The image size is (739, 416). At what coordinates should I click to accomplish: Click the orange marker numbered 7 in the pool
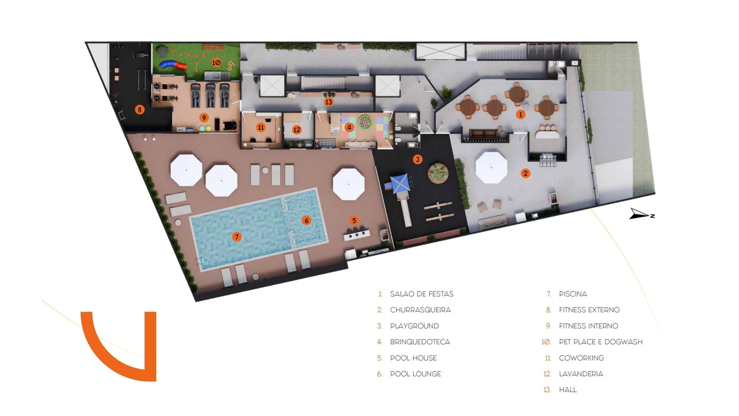[237, 237]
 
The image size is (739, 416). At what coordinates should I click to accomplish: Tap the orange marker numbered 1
[520, 114]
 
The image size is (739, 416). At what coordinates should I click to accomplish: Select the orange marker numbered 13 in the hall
[328, 102]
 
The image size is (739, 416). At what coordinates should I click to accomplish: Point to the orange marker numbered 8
[140, 110]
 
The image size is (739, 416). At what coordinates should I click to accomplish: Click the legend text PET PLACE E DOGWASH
[600, 342]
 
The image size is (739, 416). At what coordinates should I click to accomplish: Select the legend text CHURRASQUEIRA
[420, 310]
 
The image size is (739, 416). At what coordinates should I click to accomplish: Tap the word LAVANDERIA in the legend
[581, 374]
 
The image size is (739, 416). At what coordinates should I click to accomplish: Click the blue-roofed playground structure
[400, 183]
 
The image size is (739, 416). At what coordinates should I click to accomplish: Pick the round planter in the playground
[438, 172]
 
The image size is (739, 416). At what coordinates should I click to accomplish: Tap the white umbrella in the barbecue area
[491, 168]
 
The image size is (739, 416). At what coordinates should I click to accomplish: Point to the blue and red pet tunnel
[173, 65]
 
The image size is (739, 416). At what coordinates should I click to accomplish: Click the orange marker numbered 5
[354, 220]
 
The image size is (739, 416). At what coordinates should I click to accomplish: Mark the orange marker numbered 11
[261, 127]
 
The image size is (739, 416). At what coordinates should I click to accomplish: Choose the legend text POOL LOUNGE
[415, 374]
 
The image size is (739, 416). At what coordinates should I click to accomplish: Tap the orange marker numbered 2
[525, 173]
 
